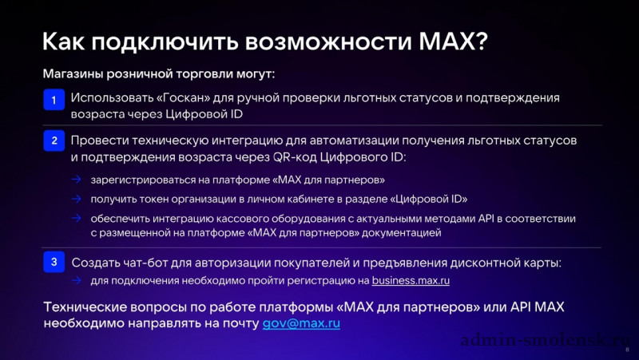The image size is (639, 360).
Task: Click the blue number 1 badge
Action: [54, 100]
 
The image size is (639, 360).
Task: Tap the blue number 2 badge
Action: [54, 141]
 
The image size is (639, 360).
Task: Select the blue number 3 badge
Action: [54, 262]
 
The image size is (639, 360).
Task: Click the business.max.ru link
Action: [411, 281]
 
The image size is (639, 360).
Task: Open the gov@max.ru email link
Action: [301, 323]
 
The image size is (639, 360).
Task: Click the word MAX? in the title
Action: [453, 42]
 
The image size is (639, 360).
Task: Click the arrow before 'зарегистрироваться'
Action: [76, 180]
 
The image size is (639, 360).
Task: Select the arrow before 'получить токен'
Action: [76, 199]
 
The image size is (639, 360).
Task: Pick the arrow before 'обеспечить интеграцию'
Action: [76, 218]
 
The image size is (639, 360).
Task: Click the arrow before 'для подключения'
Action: [76, 280]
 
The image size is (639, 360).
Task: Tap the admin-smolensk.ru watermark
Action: [546, 340]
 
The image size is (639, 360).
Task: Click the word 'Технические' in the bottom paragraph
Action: [84, 307]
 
